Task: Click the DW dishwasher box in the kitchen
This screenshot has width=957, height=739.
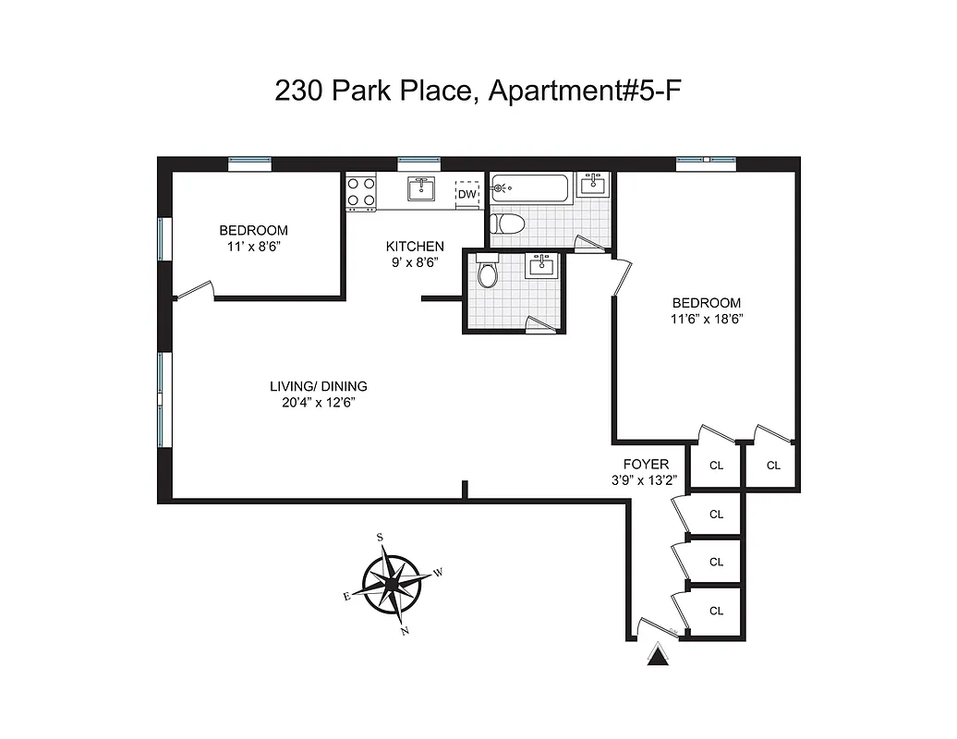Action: [x=468, y=194]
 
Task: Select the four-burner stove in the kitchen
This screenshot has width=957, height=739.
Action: [x=361, y=191]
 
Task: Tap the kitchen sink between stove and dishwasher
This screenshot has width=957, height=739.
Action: [x=421, y=189]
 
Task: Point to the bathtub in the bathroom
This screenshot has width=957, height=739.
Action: [x=530, y=189]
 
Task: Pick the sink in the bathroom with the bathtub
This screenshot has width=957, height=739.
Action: [x=592, y=184]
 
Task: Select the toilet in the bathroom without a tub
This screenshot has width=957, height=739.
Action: [x=489, y=272]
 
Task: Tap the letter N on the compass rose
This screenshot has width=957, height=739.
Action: [x=405, y=631]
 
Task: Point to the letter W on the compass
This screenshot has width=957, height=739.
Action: [x=439, y=573]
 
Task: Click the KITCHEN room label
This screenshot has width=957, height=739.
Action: [x=415, y=247]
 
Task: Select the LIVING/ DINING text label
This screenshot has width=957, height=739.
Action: [x=319, y=386]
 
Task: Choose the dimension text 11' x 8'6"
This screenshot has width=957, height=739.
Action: [x=253, y=247]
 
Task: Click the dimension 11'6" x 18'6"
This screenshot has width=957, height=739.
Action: [x=707, y=319]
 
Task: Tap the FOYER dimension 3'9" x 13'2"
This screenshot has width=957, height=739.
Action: [x=645, y=479]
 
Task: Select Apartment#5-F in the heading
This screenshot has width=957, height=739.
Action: [x=585, y=91]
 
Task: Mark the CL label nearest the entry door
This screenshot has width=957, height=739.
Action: [x=716, y=611]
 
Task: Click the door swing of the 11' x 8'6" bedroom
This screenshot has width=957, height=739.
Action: [x=194, y=292]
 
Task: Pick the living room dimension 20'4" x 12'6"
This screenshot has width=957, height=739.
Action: [x=319, y=402]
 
